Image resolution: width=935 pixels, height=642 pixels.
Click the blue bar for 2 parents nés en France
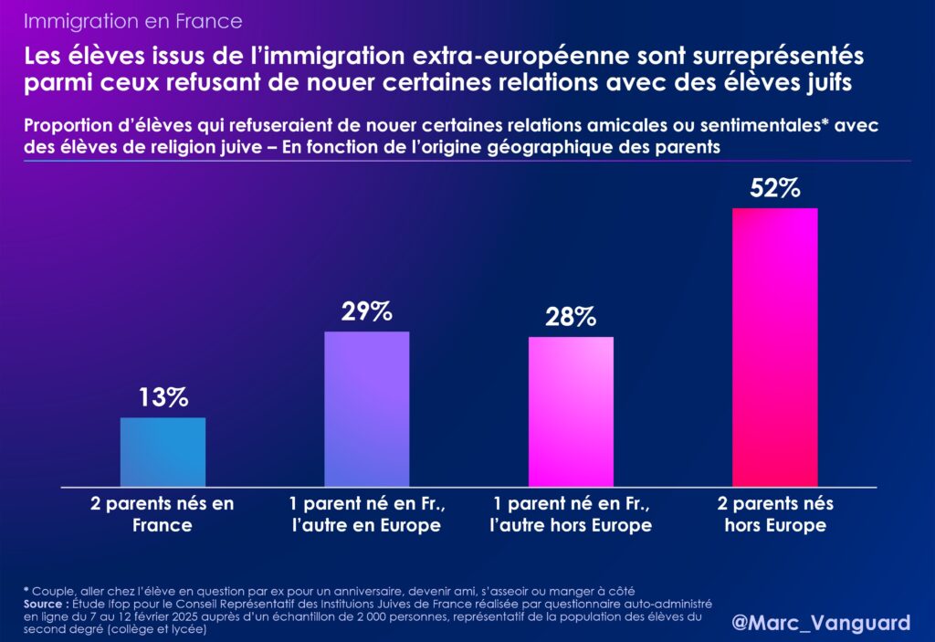pos(163,452)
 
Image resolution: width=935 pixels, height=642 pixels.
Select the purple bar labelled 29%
pos(367,409)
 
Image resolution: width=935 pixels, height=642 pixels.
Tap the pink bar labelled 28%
pos(571,412)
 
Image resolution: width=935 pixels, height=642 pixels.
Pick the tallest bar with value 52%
pos(775,348)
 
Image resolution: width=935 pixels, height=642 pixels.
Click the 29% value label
pos(367,311)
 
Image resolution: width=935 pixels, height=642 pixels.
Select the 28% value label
pos(571,317)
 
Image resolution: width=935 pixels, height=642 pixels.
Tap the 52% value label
pos(775,188)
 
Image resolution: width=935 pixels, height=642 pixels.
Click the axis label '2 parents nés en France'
pos(163,514)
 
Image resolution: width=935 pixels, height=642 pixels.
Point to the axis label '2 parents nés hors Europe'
pos(775,514)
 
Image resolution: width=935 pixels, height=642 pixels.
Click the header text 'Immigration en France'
pos(133,20)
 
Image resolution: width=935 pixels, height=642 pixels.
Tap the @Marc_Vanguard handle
pos(822,623)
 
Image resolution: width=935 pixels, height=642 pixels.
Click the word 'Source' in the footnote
pos(46,604)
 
